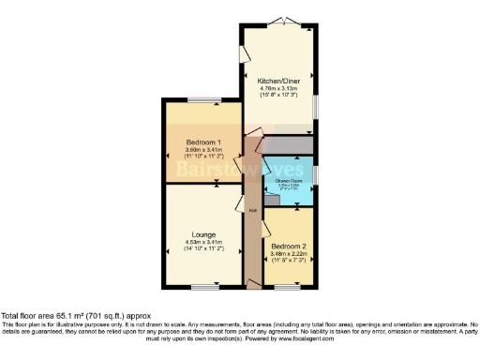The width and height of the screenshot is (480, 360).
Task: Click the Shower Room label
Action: point(288,179)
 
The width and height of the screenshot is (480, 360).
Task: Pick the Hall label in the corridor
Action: point(252,209)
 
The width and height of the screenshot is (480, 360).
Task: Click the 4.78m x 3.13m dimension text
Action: point(277,88)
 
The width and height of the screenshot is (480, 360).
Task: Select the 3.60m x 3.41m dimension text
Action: point(199,150)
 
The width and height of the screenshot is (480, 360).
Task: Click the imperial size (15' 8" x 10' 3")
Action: point(277,96)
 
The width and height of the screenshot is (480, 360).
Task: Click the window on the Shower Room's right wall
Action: point(314,174)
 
